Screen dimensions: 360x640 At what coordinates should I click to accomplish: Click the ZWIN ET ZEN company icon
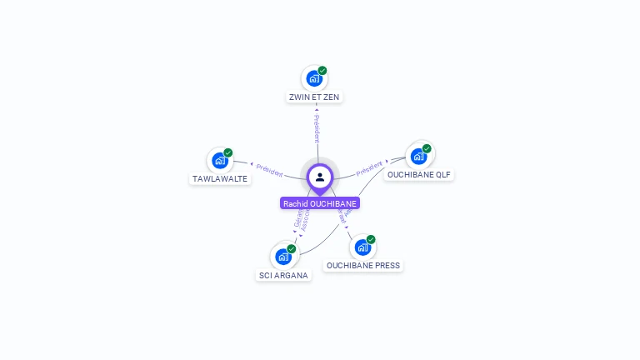314,78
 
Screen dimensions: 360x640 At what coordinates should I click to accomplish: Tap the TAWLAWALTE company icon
220,160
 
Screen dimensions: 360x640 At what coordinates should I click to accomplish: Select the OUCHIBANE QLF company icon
418,156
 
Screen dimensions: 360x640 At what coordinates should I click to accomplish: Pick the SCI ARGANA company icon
283,257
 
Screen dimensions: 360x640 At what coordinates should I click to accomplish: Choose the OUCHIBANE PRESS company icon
362,247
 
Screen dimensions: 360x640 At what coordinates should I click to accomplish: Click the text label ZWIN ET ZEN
314,97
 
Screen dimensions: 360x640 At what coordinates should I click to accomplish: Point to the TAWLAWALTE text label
220,179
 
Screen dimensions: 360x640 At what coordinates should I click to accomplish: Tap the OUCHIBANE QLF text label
419,175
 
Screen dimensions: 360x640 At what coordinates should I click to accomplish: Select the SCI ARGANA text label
283,276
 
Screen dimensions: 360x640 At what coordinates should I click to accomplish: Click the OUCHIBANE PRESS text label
362,266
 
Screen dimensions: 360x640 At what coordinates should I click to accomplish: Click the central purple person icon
320,177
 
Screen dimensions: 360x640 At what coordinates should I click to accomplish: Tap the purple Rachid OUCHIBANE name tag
320,203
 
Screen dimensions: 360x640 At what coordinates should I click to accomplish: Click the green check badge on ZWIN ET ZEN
322,71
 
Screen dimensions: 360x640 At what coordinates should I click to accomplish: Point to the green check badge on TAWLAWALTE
228,152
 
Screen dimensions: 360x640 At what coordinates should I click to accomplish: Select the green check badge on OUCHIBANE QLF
427,148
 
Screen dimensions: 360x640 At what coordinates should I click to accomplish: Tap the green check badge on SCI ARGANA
292,248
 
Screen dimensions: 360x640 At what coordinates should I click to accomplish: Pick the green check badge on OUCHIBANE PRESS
371,239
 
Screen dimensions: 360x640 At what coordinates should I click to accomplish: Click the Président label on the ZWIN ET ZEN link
317,129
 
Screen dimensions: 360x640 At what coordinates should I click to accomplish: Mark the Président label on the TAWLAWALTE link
269,169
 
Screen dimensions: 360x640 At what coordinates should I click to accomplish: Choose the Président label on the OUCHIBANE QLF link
369,169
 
